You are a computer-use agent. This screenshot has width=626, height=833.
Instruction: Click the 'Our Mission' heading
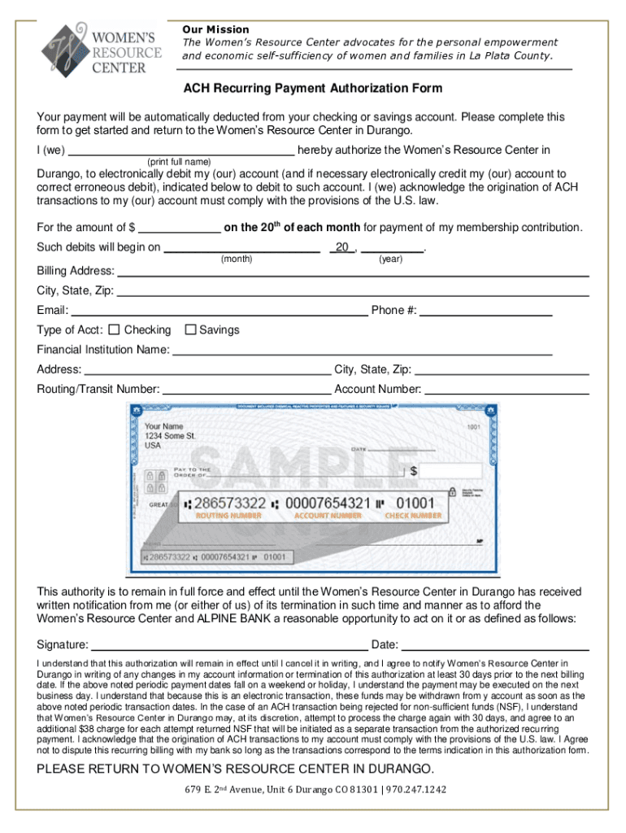pos(215,29)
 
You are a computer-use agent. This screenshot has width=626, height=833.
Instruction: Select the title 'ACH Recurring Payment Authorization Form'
pos(312,88)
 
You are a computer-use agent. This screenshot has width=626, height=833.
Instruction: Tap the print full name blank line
pos(181,150)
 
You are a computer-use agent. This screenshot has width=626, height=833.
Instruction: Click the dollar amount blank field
pos(179,228)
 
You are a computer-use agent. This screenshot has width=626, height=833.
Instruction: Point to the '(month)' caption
pos(237,259)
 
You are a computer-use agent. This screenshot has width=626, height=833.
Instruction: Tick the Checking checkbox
pos(114,329)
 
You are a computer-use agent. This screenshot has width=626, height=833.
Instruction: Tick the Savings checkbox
pos(191,329)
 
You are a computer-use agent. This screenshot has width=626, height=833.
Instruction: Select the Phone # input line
pos(486,311)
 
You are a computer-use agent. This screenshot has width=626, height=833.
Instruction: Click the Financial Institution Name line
pos(362,351)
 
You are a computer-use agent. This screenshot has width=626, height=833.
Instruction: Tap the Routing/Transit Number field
pos(247,390)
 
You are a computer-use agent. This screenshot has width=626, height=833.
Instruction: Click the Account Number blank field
pos(506,390)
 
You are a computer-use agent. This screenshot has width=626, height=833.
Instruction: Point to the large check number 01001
pos(415,504)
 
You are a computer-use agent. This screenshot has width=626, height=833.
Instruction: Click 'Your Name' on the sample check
pos(163,426)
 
